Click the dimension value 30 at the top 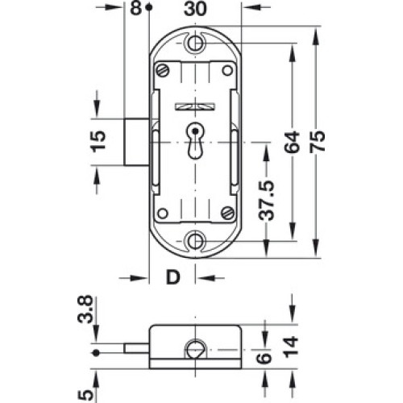(195, 8)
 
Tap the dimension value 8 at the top (136, 8)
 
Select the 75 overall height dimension (317, 142)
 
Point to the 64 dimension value (293, 142)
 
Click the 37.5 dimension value (266, 200)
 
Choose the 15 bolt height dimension (98, 141)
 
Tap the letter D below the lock (172, 277)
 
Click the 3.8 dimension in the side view (85, 309)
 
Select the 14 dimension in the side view (292, 347)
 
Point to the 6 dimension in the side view (265, 358)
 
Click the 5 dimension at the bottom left (85, 395)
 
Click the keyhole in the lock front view (195, 141)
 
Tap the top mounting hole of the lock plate (195, 43)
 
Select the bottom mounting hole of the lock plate (195, 241)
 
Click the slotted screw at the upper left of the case (163, 71)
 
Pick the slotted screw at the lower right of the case (227, 213)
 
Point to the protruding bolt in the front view (137, 142)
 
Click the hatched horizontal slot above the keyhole (195, 106)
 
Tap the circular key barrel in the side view (194, 350)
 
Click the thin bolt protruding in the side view (137, 348)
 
